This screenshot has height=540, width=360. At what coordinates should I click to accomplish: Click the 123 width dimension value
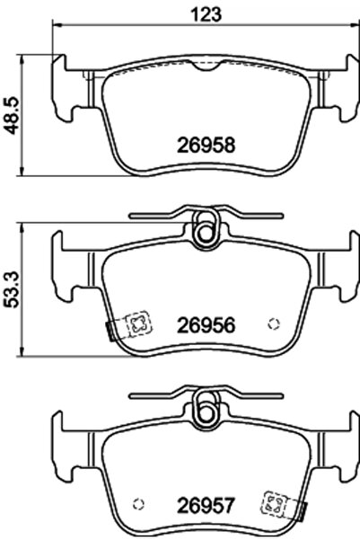206,14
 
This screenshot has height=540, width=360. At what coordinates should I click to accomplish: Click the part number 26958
206,145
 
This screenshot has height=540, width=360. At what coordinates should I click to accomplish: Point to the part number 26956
206,325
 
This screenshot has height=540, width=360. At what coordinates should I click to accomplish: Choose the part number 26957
206,506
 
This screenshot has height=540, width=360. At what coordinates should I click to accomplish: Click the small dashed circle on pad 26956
274,323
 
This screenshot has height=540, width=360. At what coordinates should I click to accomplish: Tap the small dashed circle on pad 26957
138,504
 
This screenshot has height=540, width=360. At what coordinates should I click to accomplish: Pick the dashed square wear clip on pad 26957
275,503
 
